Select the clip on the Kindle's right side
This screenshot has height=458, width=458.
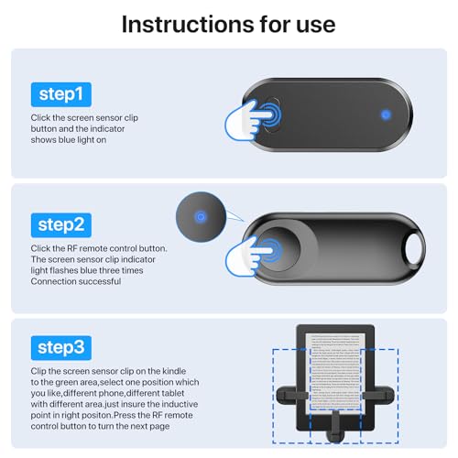point(382,394)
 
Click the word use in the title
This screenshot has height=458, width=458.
point(309,24)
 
